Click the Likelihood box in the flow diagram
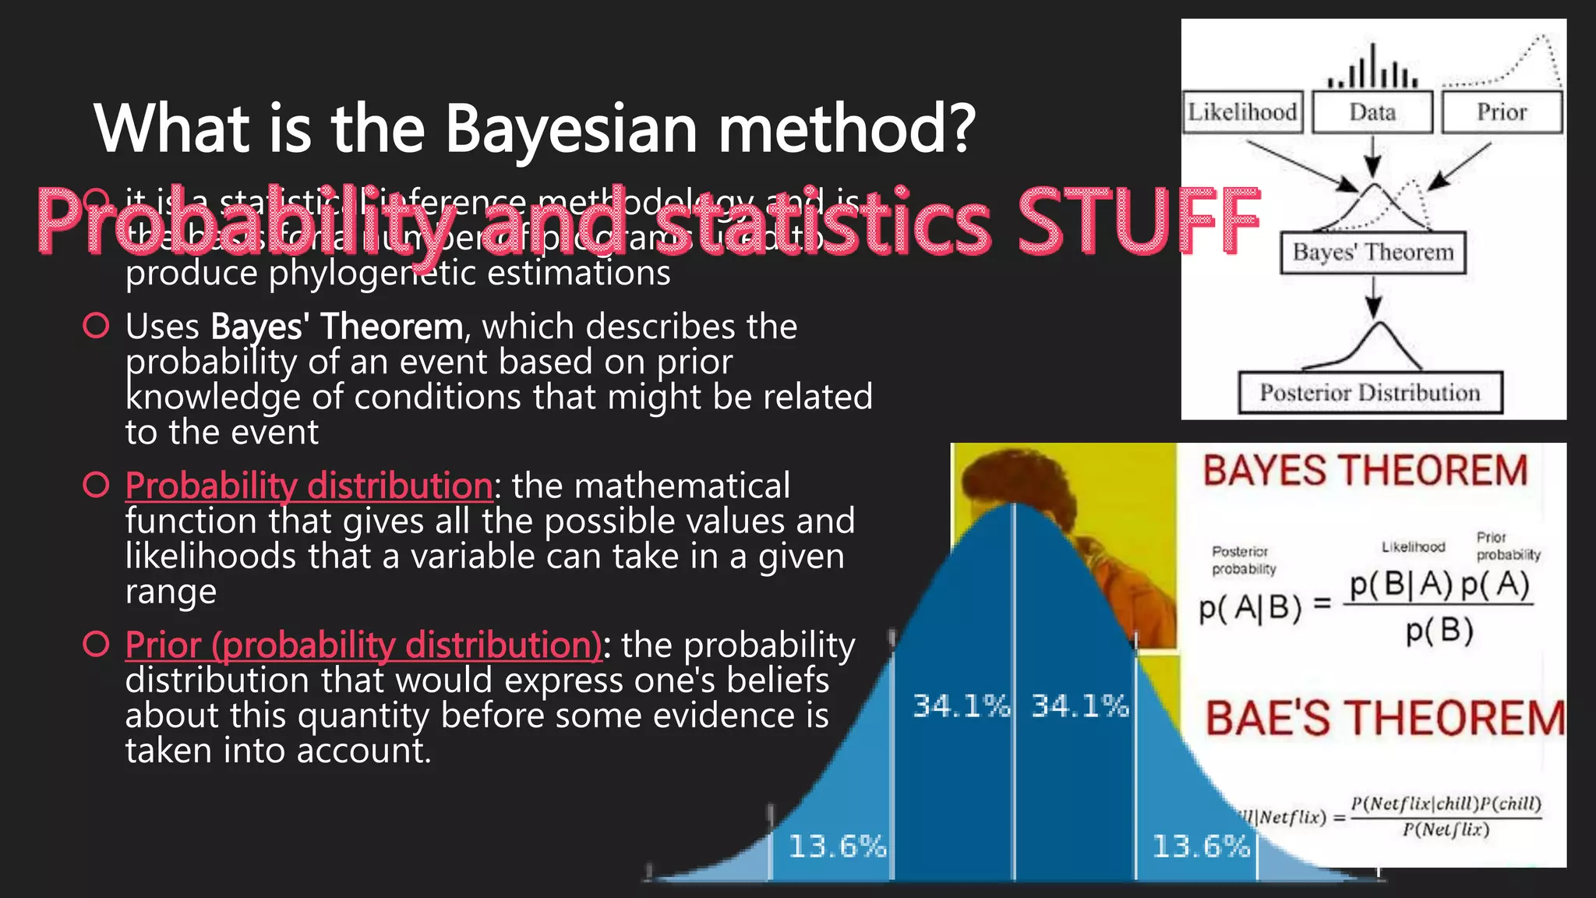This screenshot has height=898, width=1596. coord(1241,112)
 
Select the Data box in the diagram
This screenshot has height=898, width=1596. coord(1372,112)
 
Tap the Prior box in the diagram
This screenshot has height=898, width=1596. coord(1502,112)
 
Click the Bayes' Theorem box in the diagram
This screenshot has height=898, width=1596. coord(1373,253)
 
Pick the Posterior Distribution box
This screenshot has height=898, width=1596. coord(1370,393)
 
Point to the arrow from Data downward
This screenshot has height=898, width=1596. coord(1373,156)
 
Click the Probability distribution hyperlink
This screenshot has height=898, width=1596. coord(309,486)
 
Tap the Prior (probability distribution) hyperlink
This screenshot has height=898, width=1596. coord(363,645)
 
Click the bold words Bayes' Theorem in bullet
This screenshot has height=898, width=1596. coord(337,327)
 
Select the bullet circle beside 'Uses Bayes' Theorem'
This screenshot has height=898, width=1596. coord(96,326)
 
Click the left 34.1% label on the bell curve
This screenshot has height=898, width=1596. coord(961,706)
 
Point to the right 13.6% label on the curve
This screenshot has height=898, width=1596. coord(1201,846)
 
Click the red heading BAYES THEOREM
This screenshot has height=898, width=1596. coord(1365,472)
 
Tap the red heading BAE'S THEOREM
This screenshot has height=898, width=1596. coord(1385,719)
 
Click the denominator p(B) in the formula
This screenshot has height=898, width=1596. coord(1439,631)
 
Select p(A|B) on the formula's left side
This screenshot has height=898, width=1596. coord(1250,607)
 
